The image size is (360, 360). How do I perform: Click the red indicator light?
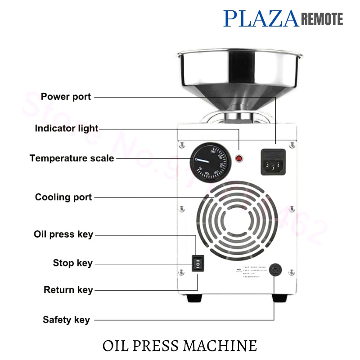point(239,158)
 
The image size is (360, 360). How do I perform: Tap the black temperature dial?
point(207,162)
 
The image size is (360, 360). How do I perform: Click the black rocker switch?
point(198,263)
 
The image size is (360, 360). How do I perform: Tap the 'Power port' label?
point(66,97)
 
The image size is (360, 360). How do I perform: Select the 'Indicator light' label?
point(67,128)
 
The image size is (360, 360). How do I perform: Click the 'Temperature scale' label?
point(72,158)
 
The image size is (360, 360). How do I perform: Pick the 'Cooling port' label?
point(63,197)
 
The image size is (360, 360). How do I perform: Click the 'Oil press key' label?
point(63,234)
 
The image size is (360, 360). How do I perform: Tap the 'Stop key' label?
point(72,263)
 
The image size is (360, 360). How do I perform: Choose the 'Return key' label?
point(68,290)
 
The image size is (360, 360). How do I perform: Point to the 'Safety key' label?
point(66,320)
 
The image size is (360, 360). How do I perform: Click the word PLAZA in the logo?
point(261,18)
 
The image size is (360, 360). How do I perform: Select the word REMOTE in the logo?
point(321,19)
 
